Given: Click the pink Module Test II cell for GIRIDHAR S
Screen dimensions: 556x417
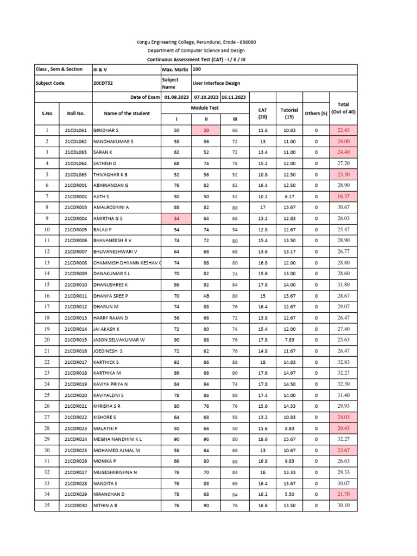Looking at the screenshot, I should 206,130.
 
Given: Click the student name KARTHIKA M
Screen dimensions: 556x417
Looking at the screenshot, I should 108,373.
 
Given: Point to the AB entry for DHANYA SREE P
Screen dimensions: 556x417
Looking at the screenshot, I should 206,296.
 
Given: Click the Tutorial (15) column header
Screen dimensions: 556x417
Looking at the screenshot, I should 289,113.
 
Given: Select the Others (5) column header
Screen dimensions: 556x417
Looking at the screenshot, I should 316,113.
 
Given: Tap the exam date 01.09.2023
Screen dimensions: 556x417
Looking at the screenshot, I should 176,97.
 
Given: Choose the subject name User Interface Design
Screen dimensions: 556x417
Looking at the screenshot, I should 217,83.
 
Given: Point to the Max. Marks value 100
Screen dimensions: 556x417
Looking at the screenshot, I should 197,69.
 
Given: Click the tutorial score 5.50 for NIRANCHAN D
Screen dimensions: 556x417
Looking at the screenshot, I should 289,495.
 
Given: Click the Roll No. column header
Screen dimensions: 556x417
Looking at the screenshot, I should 75,113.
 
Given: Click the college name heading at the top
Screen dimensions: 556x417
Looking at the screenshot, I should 195,42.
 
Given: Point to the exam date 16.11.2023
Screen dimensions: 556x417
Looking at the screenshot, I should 233,97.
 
